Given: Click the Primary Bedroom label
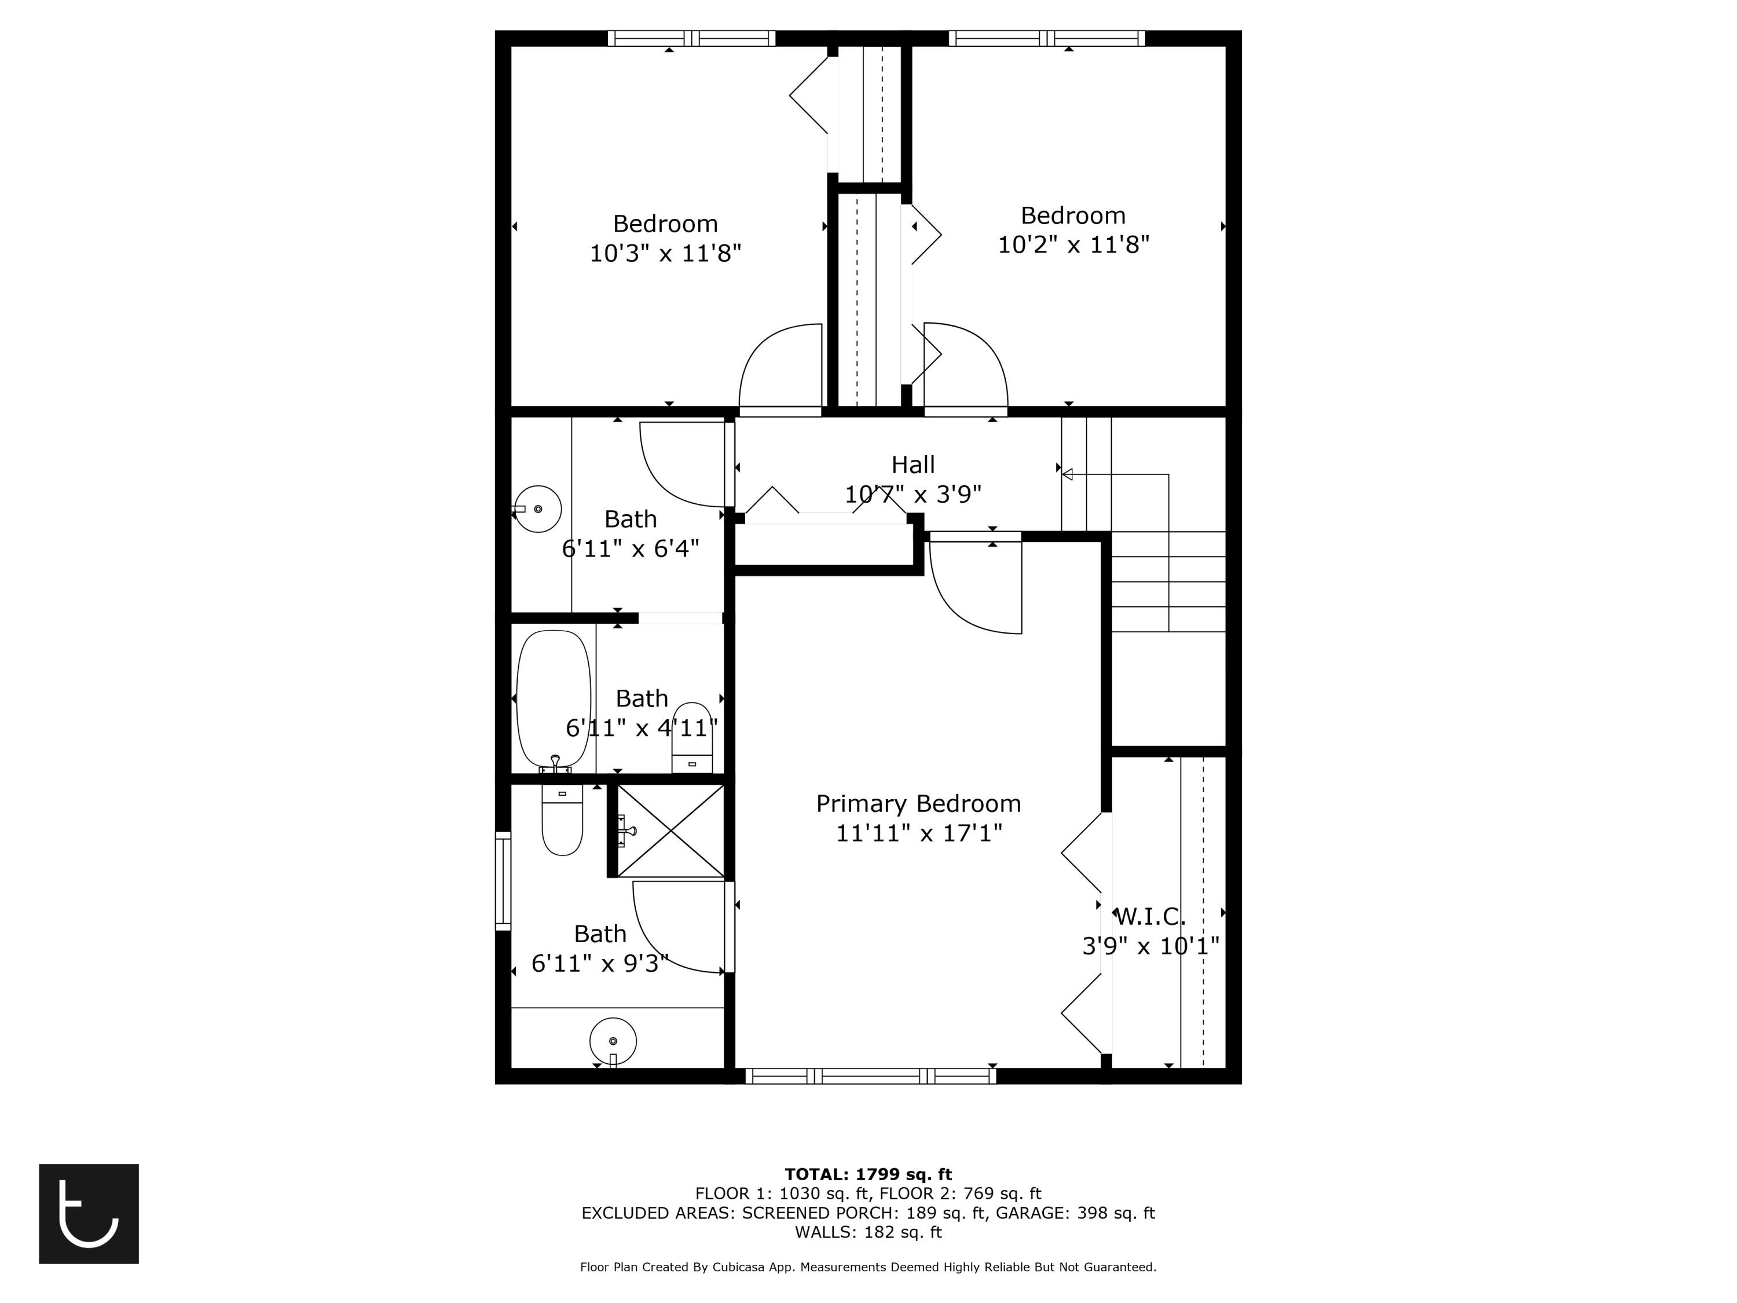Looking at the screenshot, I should (918, 803).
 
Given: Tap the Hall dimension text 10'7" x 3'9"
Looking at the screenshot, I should (913, 495).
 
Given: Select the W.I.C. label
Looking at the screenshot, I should (1150, 916).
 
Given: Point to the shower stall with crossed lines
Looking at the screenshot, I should (670, 830).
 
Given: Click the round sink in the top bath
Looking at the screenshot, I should (538, 509).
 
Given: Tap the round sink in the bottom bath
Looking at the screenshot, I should (613, 1041).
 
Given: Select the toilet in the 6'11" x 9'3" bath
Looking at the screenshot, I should (562, 821).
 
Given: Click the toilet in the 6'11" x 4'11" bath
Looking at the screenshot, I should (692, 738).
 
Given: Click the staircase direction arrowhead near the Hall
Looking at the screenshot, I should (1067, 474).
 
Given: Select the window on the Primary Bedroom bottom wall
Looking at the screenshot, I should (870, 1076).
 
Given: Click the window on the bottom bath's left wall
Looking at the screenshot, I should (503, 881).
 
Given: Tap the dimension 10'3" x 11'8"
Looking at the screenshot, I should (665, 254).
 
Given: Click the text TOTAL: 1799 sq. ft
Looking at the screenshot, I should (868, 1174).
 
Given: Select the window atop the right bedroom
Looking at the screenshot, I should (1046, 38).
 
